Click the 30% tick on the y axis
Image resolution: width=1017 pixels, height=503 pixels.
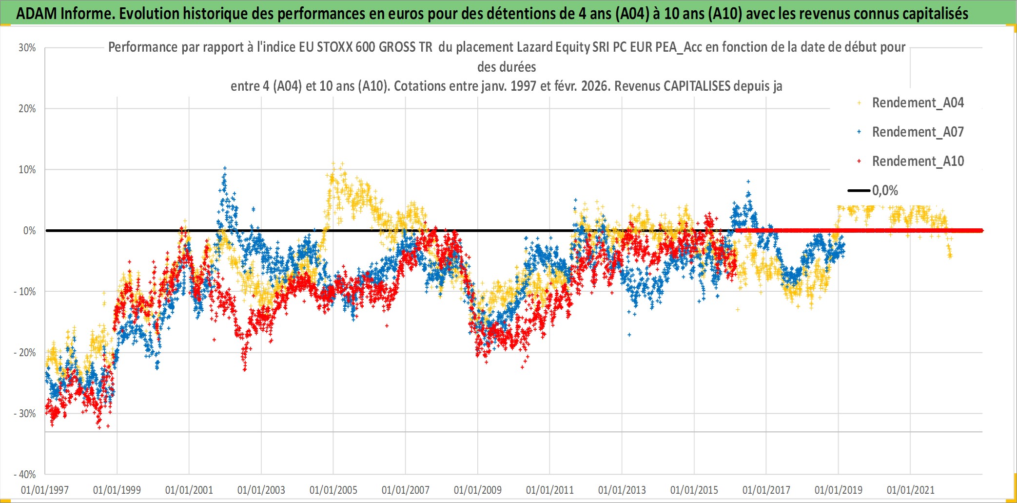click(x=27, y=48)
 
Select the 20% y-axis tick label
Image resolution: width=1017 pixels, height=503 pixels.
click(x=27, y=109)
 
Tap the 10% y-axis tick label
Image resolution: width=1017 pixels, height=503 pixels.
click(x=27, y=170)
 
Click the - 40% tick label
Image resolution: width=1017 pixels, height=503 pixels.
click(x=25, y=475)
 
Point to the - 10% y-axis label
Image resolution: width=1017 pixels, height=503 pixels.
click(x=25, y=292)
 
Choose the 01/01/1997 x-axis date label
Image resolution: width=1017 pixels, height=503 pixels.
click(x=45, y=490)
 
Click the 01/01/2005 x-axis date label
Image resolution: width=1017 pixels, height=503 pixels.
click(x=333, y=490)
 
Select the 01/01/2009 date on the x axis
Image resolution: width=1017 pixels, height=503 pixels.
click(x=478, y=490)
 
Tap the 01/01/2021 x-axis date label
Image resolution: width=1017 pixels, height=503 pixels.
click(x=911, y=490)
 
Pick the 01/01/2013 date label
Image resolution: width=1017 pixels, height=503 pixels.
click(x=622, y=490)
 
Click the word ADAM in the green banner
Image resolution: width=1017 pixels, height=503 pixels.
click(x=37, y=14)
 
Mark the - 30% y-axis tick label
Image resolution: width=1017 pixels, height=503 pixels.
click(x=25, y=414)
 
